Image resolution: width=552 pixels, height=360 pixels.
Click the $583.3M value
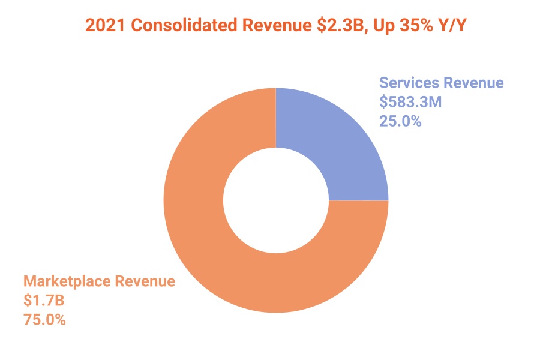click(x=410, y=102)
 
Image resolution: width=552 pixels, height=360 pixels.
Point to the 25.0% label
click(x=400, y=121)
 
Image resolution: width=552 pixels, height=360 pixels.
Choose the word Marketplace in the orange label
click(x=66, y=281)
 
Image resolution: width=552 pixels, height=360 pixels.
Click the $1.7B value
click(x=45, y=301)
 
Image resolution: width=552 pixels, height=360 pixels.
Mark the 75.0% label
click(x=44, y=320)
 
